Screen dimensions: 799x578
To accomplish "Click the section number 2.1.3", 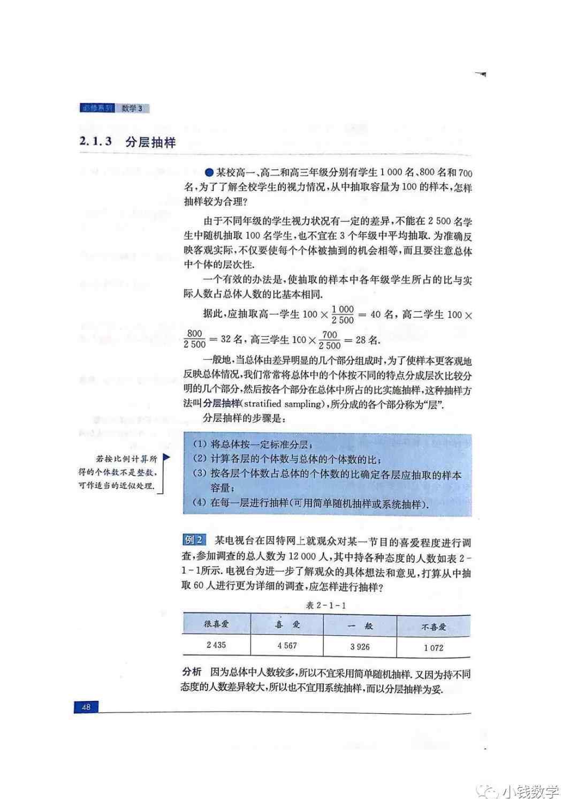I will tap(95, 142).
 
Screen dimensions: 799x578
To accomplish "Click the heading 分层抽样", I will tap(150, 142).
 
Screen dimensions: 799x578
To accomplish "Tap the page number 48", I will tap(86, 707).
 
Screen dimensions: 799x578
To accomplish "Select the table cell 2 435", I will tap(216, 645).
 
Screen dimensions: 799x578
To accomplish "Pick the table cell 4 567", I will tap(287, 646).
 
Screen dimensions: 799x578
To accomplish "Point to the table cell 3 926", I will tap(360, 647).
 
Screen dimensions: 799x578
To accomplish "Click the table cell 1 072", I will tap(433, 648).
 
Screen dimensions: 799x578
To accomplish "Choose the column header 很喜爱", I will tap(216, 624).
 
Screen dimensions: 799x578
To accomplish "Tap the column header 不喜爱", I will tap(433, 627).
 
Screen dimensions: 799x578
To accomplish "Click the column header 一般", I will tap(360, 625).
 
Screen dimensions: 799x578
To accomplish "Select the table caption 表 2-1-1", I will tap(326, 606).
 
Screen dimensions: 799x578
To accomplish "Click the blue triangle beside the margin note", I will tap(166, 458).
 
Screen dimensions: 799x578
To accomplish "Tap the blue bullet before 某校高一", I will tap(209, 172).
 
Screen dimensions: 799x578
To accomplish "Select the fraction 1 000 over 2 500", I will tap(343, 314).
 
